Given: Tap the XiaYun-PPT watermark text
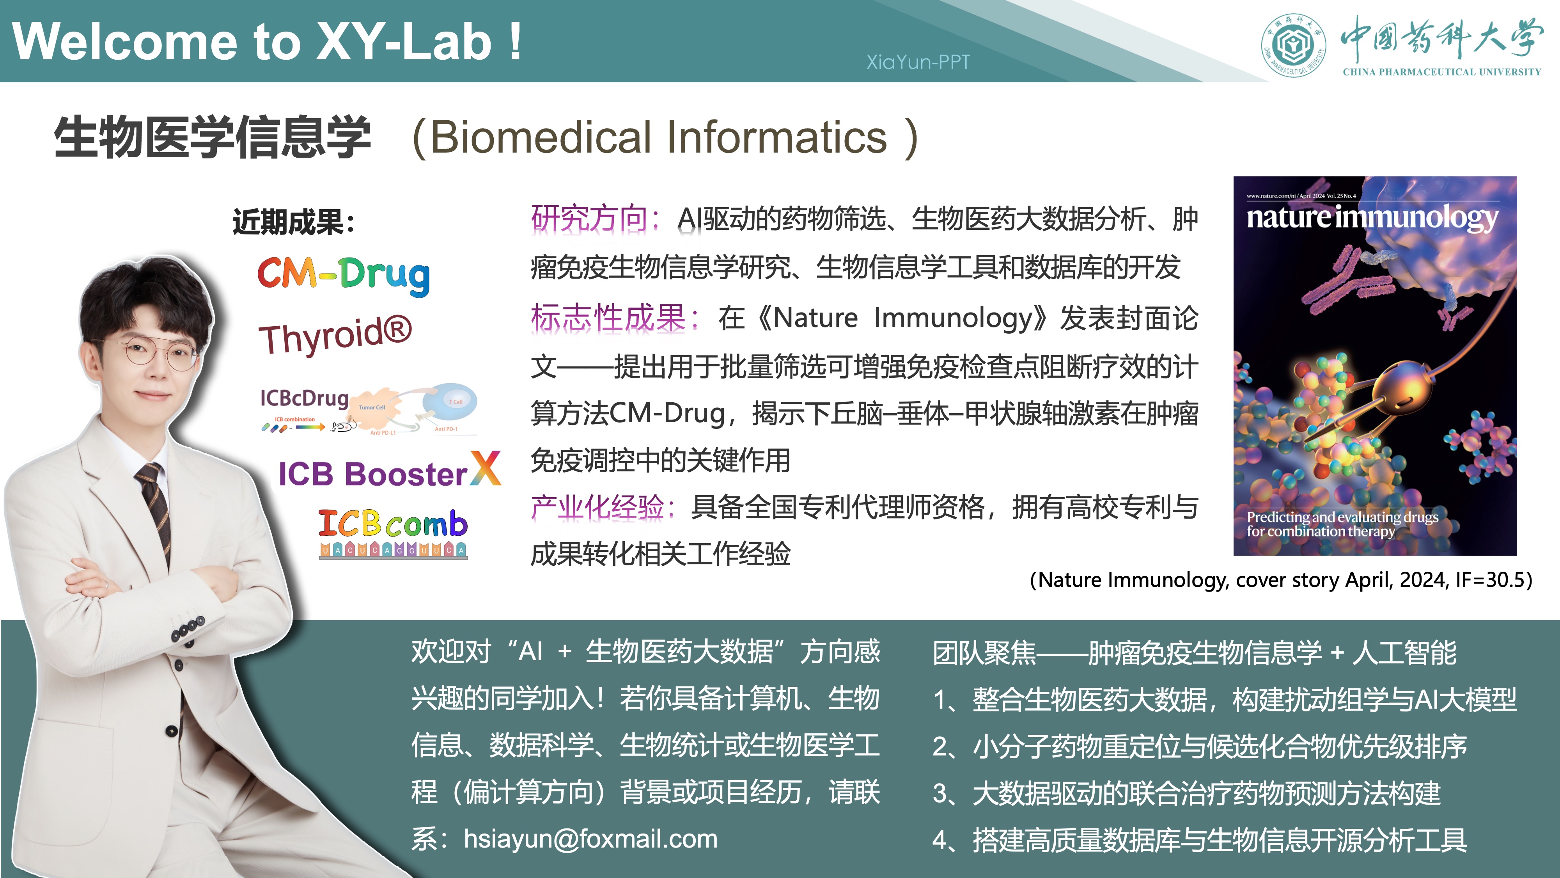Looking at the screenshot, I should (917, 62).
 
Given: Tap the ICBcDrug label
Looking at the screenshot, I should (304, 398).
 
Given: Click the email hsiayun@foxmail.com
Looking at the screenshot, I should (590, 839).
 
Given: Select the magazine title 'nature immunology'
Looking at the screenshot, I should (1372, 217).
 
